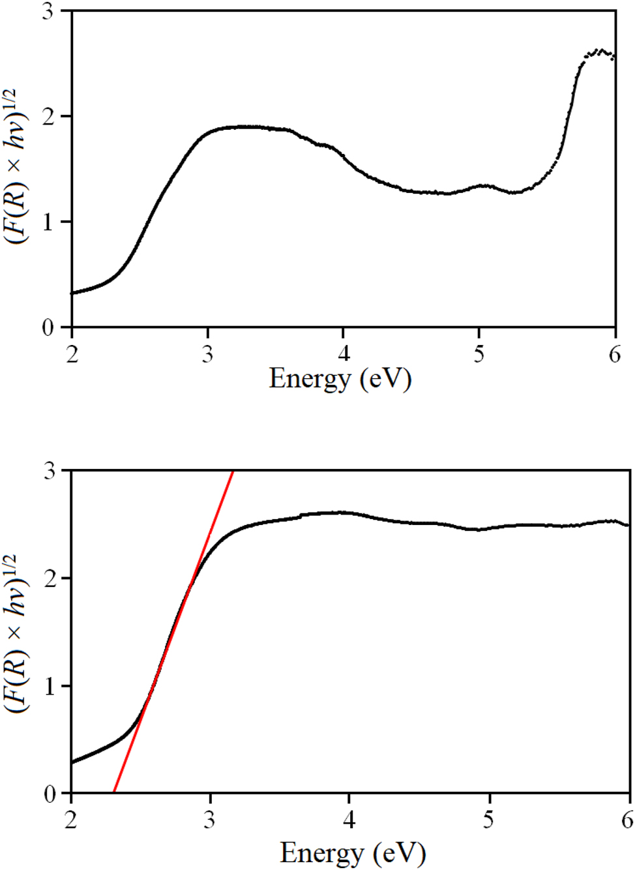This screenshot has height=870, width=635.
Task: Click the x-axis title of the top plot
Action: pos(340,379)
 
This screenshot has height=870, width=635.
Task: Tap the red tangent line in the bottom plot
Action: pos(173,633)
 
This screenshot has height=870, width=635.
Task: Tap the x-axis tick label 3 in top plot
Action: pos(208,354)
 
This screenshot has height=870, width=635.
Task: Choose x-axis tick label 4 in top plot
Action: pos(344,354)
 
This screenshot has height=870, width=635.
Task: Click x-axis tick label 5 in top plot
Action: pos(479,354)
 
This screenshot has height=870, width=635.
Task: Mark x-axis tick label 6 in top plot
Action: pos(615,354)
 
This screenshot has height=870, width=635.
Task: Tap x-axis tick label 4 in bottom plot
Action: pos(349,820)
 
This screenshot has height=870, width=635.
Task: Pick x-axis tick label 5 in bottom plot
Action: pos(489,820)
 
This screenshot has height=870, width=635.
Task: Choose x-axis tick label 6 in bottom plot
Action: pos(627,820)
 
